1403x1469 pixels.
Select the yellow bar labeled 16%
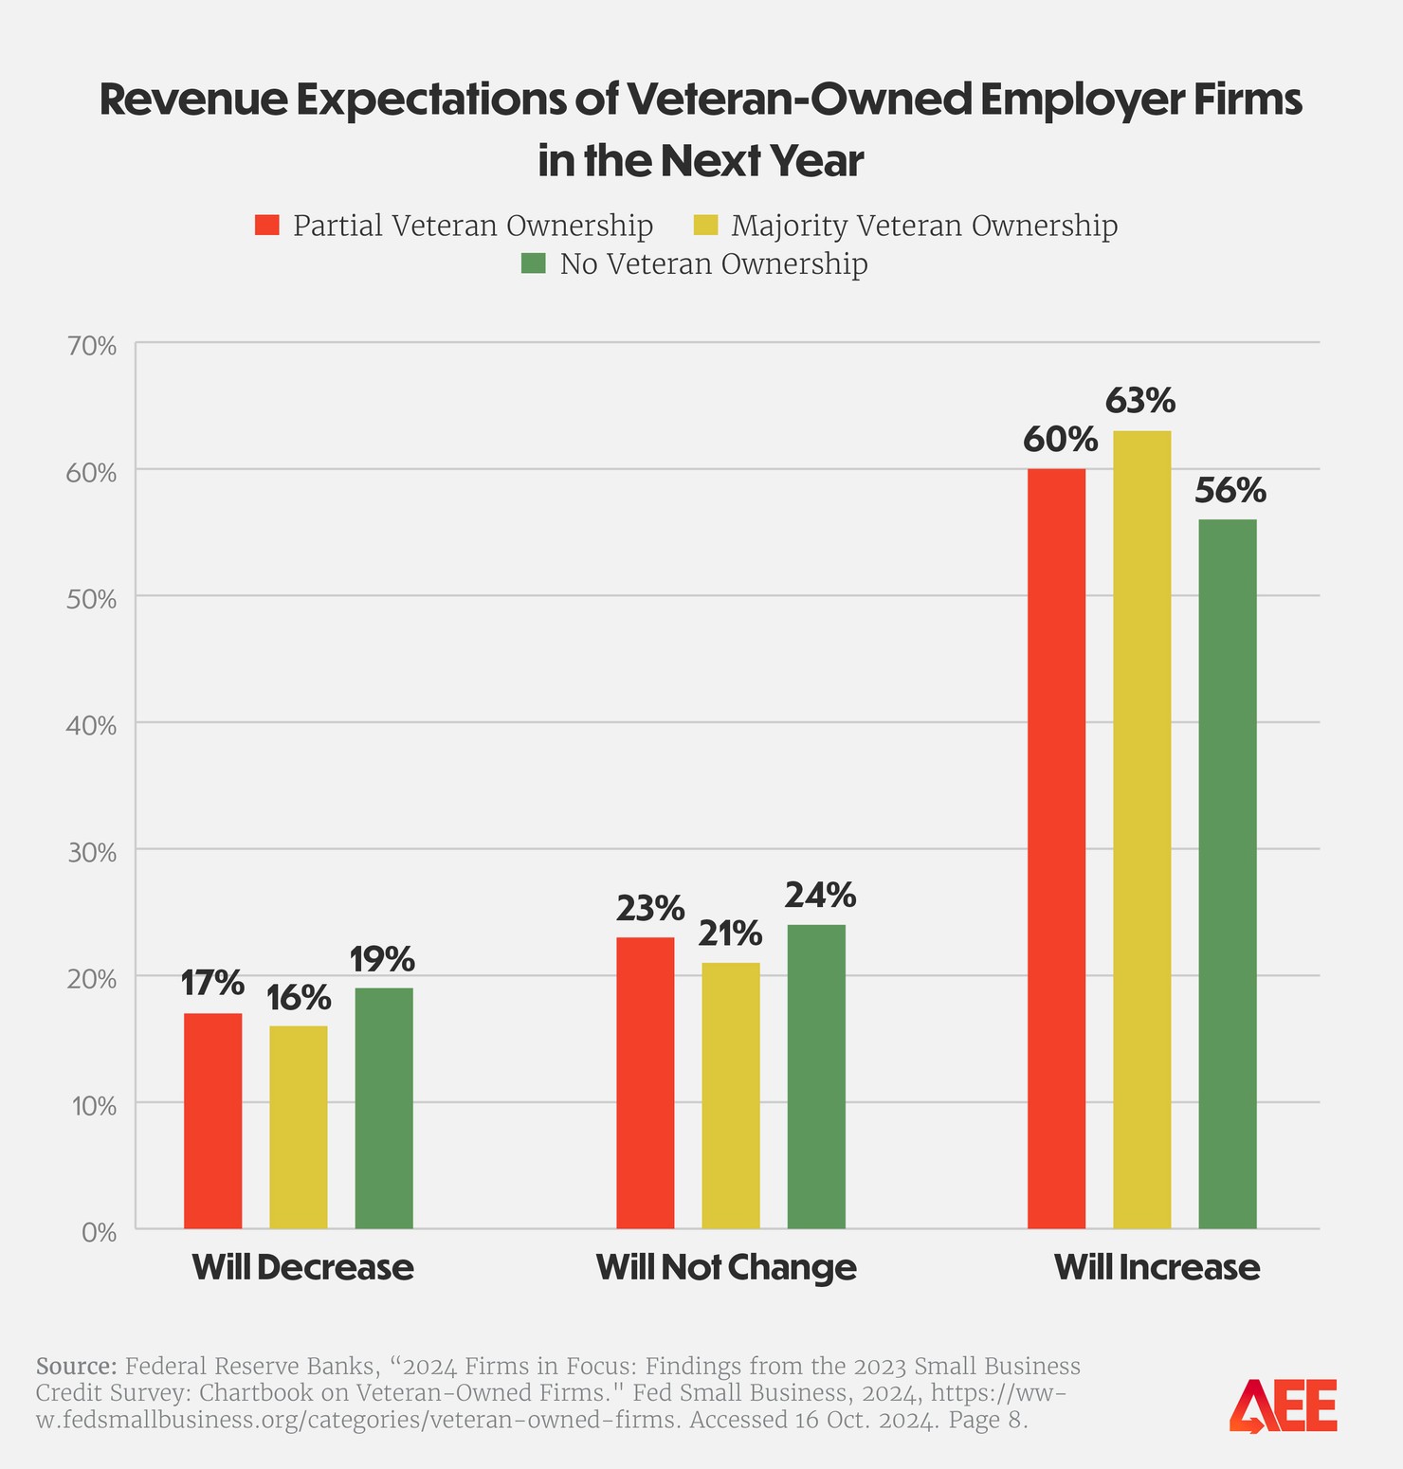(x=298, y=1127)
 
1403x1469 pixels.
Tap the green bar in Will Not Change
(x=816, y=1077)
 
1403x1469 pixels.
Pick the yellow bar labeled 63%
(x=1141, y=829)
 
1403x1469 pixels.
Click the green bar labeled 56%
(x=1228, y=874)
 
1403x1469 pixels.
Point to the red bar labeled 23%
(x=645, y=1082)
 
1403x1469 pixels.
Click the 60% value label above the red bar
(x=1060, y=440)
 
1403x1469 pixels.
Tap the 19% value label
(x=382, y=959)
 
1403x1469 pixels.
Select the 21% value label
(x=730, y=934)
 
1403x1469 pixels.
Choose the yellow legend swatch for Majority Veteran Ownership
(x=706, y=226)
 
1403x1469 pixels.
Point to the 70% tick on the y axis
(x=92, y=346)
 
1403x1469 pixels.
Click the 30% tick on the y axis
(x=92, y=853)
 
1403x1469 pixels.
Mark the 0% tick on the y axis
(x=99, y=1233)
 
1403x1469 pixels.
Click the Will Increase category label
(x=1157, y=1267)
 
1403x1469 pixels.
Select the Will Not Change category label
(x=725, y=1267)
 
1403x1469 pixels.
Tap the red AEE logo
(x=1283, y=1406)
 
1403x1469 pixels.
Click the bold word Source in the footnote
(x=76, y=1366)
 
